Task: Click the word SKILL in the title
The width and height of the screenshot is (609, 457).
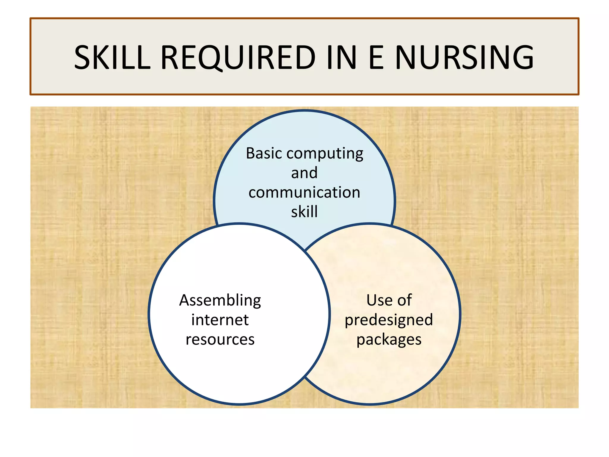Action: [112, 57]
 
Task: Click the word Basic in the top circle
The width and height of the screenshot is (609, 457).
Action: [264, 154]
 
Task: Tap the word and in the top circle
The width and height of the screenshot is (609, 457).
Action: [304, 173]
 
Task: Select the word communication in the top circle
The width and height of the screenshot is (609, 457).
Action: [304, 192]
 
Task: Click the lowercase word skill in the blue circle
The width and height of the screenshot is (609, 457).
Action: [304, 212]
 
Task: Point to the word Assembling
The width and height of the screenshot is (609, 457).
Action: [220, 301]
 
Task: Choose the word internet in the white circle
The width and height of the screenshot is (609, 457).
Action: [220, 320]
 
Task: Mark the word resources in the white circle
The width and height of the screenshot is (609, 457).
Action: [220, 339]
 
